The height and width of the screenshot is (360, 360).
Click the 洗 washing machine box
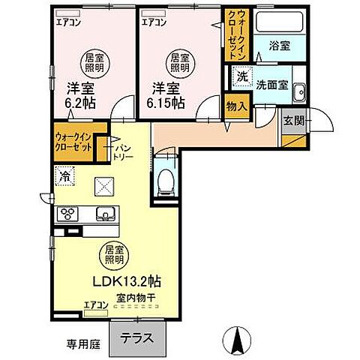pyautogui.click(x=241, y=75)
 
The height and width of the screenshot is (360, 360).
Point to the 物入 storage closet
pyautogui.click(x=237, y=106)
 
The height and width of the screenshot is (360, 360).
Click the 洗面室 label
pyautogui.click(x=272, y=85)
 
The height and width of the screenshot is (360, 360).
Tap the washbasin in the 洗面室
pyautogui.click(x=298, y=92)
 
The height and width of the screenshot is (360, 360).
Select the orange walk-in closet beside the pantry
pyautogui.click(x=73, y=142)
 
